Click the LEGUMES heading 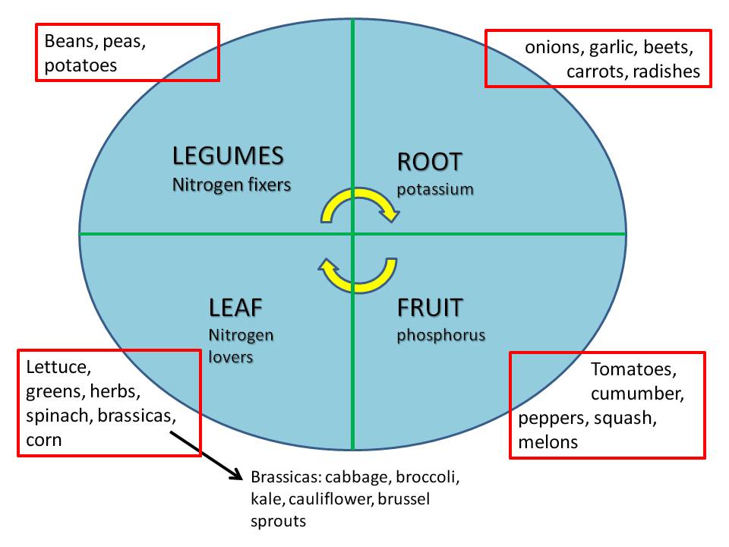[x=228, y=156]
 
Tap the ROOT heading [x=429, y=162]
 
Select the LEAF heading [x=235, y=308]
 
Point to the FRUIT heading [x=430, y=308]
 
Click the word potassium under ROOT [x=435, y=188]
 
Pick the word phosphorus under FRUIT [x=440, y=335]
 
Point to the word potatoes [x=80, y=65]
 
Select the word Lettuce [x=58, y=368]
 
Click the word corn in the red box [x=43, y=440]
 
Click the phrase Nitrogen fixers [x=232, y=185]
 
